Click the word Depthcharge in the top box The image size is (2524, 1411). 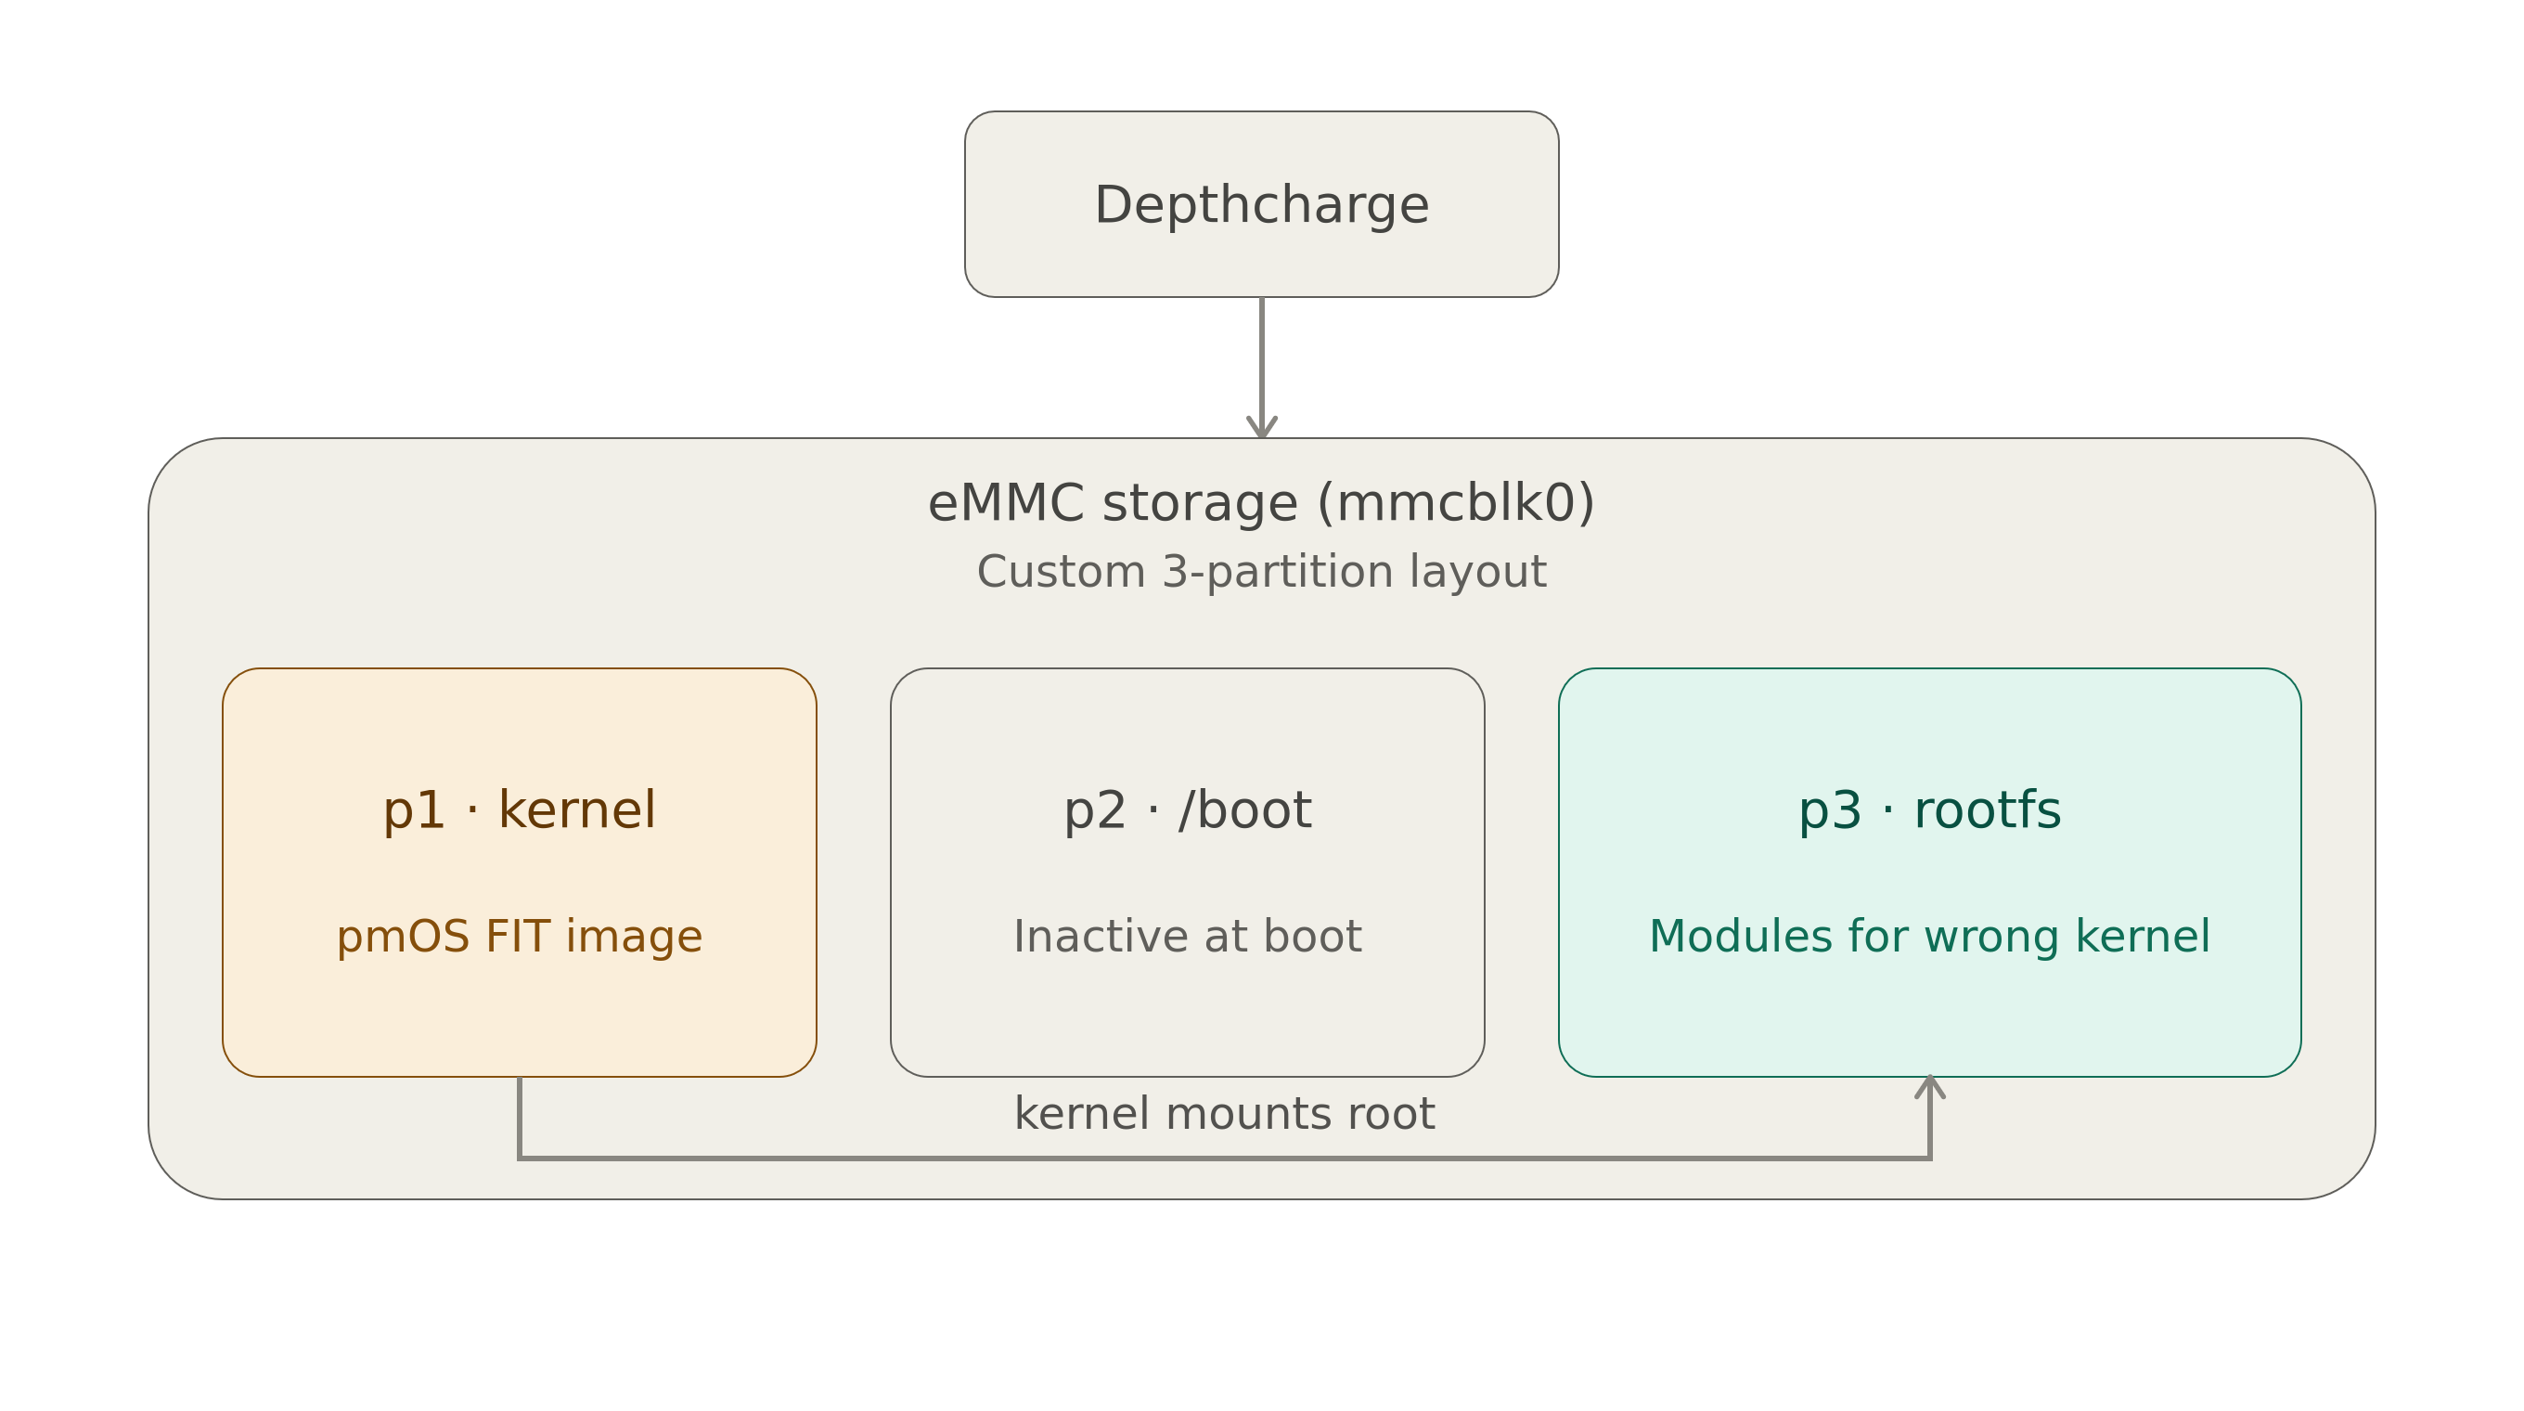[1261, 206]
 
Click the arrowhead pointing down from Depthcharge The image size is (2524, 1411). [1262, 427]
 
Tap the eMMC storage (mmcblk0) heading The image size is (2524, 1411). [1261, 504]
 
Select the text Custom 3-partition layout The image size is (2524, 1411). [1261, 572]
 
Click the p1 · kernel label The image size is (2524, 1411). [520, 810]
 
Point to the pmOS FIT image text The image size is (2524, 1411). [520, 937]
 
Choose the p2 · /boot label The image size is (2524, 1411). [1188, 810]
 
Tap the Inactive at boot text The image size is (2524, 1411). [1188, 937]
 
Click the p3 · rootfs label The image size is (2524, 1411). [1929, 810]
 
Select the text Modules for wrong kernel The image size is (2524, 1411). [1929, 937]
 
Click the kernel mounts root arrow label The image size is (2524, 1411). [1225, 1114]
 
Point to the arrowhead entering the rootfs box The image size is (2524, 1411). [1930, 1087]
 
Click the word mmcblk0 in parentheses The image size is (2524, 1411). [1457, 504]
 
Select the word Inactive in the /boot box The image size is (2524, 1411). [1101, 937]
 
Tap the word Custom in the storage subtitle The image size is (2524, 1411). [1062, 572]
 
